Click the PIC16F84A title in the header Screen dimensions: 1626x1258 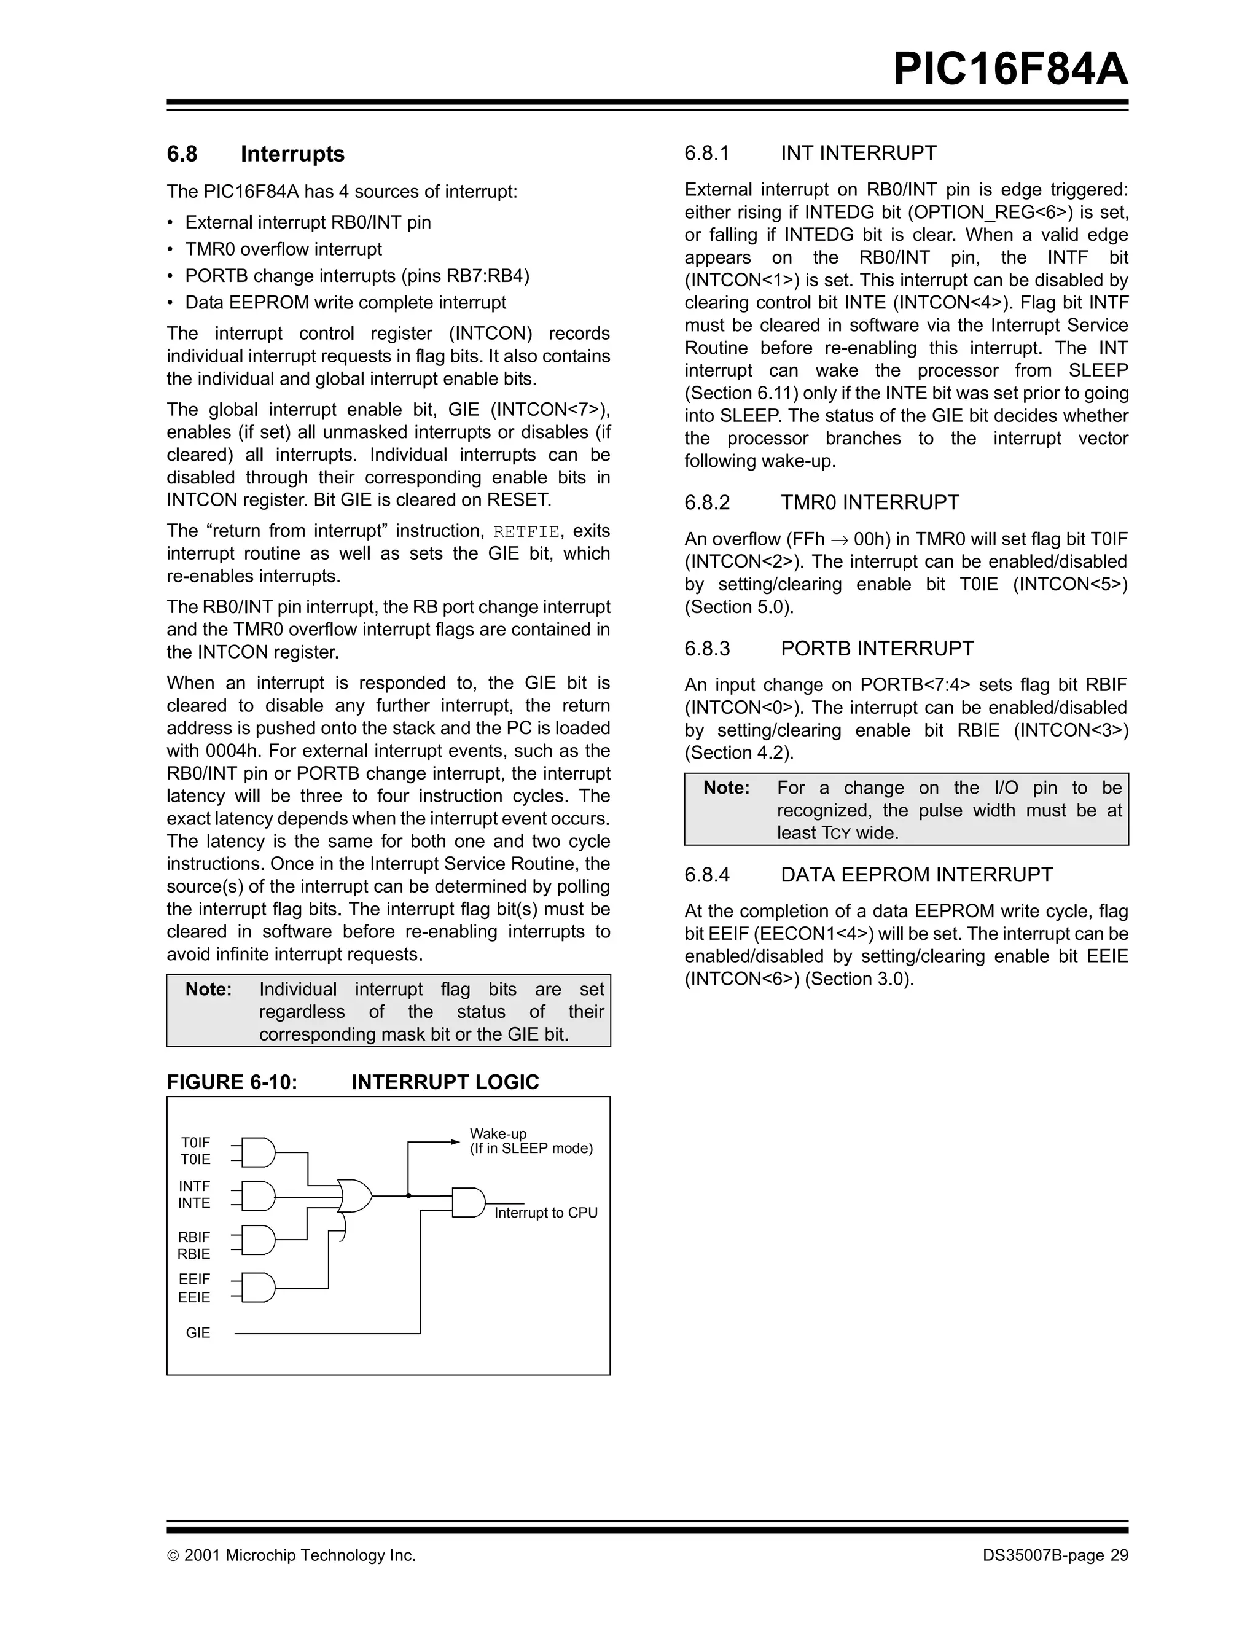(1009, 70)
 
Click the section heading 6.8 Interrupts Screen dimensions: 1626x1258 (256, 154)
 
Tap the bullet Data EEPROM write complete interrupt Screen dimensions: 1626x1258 (345, 303)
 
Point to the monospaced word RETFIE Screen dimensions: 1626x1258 (526, 531)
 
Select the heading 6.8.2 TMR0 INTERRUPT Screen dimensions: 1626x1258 (821, 502)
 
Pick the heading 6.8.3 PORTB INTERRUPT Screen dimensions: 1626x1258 (829, 649)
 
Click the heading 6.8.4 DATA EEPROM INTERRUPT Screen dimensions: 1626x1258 (868, 875)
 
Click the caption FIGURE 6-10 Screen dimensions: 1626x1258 (232, 1082)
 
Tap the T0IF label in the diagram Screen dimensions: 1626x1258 (196, 1143)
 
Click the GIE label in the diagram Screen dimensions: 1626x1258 (198, 1332)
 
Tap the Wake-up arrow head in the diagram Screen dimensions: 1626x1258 (456, 1142)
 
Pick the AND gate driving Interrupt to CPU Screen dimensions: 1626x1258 (468, 1202)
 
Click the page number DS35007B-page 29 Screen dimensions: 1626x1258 (1055, 1555)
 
